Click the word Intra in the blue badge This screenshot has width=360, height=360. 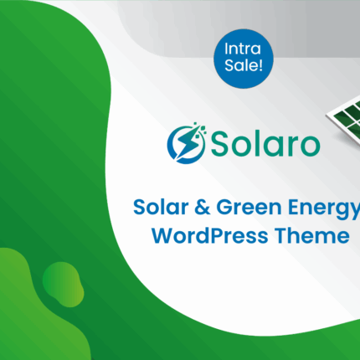coord(243,49)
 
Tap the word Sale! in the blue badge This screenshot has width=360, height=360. coord(244,65)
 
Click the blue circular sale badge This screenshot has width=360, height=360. coord(244,59)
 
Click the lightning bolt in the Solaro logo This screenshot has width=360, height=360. coord(186,143)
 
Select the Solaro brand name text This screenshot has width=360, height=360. coord(265,144)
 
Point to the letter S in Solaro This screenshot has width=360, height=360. coord(220,144)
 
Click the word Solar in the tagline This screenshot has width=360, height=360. coord(161,207)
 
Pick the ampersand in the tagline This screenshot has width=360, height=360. coord(202,207)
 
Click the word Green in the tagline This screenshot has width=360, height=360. coord(249,207)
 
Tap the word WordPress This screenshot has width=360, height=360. coord(210,236)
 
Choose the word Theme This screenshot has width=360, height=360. coord(312,236)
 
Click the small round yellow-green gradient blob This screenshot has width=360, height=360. coord(63,284)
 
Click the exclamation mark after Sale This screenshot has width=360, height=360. coord(260,65)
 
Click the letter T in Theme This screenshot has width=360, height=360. coord(281,236)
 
